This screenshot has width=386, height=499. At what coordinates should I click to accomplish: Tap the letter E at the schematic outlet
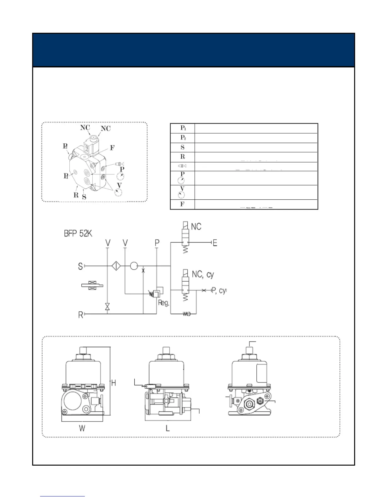215,243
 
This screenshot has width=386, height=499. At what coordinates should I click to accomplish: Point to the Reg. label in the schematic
164,303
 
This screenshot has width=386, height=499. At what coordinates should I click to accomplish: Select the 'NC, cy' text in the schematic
203,275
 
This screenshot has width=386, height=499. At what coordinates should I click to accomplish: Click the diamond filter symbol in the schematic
116,266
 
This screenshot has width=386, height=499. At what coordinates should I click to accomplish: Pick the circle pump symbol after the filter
134,266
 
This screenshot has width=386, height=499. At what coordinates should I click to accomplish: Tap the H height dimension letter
114,383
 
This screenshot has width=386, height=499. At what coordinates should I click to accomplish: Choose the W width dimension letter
82,428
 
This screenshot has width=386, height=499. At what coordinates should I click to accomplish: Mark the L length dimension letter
168,428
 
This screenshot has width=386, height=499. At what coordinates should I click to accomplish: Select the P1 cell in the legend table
183,128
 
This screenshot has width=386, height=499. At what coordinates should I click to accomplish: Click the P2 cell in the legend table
183,138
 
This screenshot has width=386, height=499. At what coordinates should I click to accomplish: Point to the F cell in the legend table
183,204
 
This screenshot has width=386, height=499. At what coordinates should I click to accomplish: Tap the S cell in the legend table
183,147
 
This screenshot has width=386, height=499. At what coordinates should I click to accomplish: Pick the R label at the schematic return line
81,314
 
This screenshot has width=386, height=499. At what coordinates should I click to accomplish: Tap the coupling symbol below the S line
92,286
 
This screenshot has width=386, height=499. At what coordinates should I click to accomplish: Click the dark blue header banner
193,50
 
